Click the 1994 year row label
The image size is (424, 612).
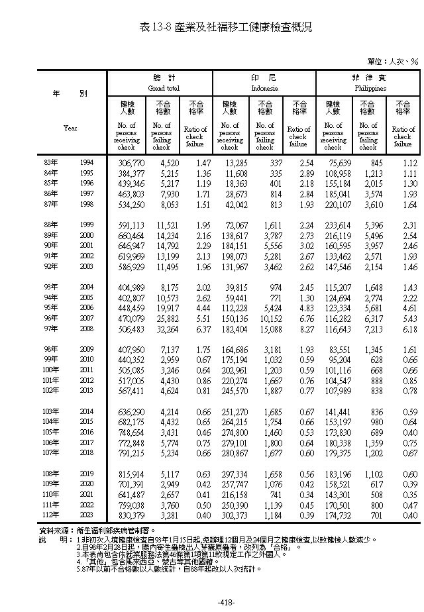pos(87,162)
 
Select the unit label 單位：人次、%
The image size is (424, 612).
pos(393,62)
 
